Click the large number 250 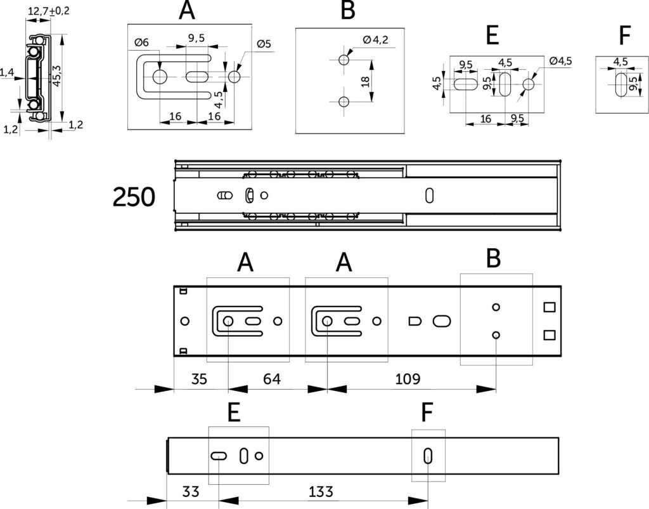coord(134,197)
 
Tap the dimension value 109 coord(408,379)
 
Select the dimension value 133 coord(321,492)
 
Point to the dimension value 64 coord(271,379)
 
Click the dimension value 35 coord(199,379)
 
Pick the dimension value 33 coord(190,492)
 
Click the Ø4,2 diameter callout coord(375,40)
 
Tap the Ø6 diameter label coord(141,43)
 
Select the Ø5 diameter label coord(264,44)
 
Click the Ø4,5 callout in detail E coord(560,61)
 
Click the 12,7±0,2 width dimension coord(48,11)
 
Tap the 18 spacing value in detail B coord(366,82)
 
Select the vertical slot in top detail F coord(621,85)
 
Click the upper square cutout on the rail coord(549,307)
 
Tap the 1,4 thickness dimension coord(6,73)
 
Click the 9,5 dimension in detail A coord(196,38)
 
